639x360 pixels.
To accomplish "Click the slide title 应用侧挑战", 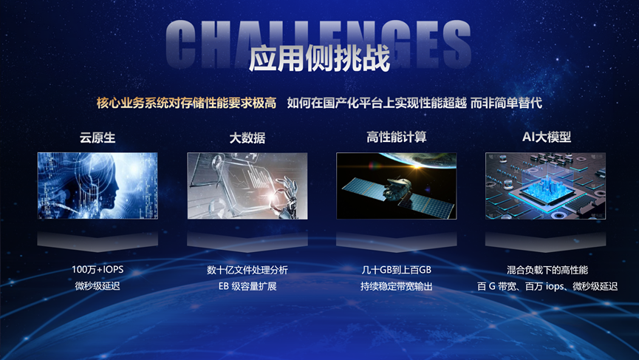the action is [x=319, y=58].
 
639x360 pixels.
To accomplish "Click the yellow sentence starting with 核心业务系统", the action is [x=186, y=103].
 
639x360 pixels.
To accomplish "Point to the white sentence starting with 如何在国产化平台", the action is [x=414, y=103].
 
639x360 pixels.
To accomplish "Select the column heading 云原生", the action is [x=98, y=137].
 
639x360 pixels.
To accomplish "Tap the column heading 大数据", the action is [x=247, y=137].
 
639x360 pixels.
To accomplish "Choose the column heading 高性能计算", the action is [x=396, y=137].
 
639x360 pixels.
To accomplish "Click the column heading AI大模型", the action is [x=547, y=137].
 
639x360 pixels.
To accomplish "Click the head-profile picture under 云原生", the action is [x=98, y=186].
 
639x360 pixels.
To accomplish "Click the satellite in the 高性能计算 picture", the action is [x=397, y=191].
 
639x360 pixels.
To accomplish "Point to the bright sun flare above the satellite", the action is [x=416, y=166].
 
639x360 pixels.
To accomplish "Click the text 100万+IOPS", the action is [x=98, y=270].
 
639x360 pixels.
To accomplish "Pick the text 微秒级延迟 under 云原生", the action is [x=98, y=286].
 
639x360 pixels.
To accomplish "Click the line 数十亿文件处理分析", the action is [x=247, y=270].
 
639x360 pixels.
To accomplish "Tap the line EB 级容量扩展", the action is [x=247, y=286].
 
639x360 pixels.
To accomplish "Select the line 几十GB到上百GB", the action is [x=396, y=270].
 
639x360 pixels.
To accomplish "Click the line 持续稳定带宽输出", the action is [x=396, y=286].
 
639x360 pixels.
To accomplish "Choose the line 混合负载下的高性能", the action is [x=547, y=270].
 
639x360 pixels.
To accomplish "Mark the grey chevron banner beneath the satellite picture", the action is [x=396, y=242].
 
